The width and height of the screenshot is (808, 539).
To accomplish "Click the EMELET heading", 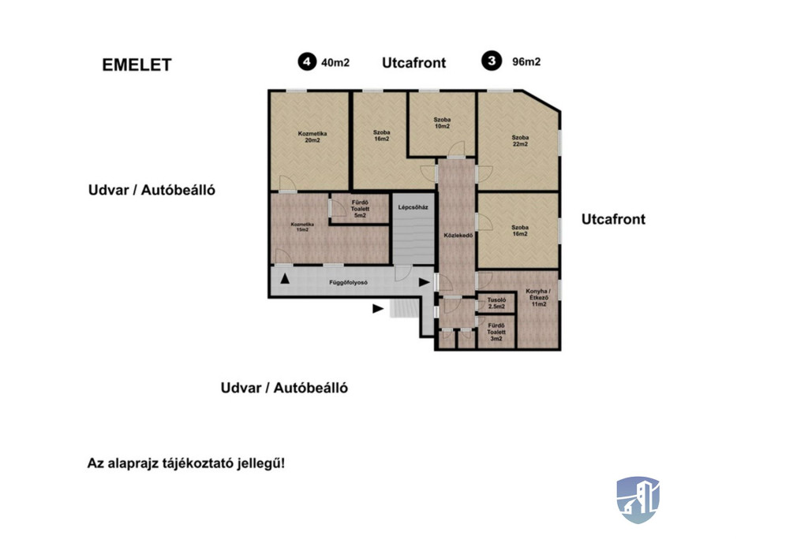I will tap(137, 65).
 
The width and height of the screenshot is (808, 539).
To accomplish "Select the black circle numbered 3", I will tap(493, 61).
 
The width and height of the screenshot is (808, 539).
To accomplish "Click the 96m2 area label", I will tap(526, 62).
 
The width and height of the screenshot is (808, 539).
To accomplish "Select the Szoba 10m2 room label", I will tap(442, 123).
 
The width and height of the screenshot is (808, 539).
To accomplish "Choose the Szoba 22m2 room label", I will tap(519, 141).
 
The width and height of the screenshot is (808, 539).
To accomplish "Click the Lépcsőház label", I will tap(413, 207).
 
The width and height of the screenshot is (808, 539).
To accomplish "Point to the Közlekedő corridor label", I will tap(458, 235).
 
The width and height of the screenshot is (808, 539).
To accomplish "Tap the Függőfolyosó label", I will tap(347, 281).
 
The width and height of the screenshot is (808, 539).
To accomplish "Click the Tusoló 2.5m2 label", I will tap(496, 303).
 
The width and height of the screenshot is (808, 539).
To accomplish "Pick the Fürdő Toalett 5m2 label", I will tap(359, 209).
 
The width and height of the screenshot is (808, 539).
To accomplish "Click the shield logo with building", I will tap(638, 500).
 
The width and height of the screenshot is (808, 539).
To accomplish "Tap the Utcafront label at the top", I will tap(414, 63).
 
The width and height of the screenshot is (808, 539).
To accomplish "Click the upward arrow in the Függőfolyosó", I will tap(285, 279).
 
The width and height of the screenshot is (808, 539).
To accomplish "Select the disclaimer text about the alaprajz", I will tap(186, 463).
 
